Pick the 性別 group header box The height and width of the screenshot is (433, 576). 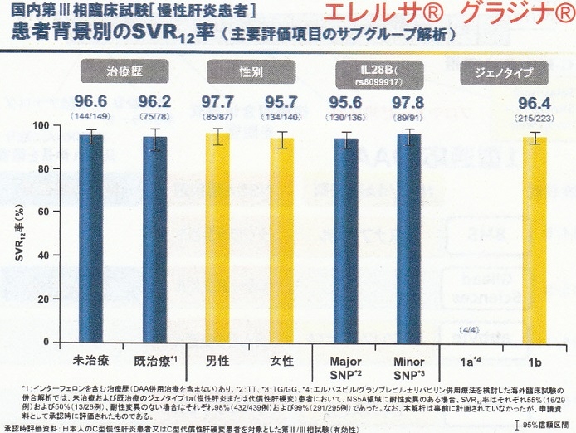coord(250,73)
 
